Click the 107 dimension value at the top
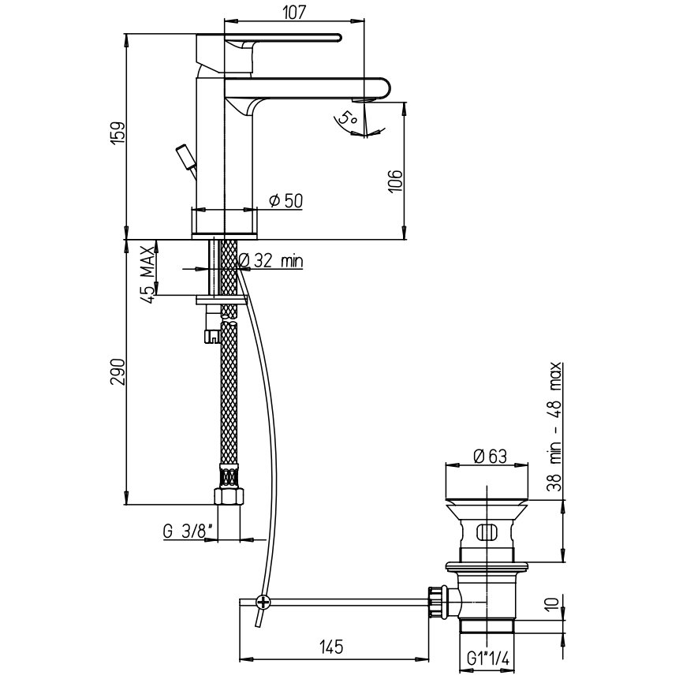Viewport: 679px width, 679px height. [x=294, y=12]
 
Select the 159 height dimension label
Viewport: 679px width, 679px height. [x=118, y=132]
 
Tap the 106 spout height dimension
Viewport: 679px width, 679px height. [x=395, y=181]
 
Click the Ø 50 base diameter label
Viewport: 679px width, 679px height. [x=285, y=201]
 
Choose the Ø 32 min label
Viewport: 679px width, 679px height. [x=270, y=260]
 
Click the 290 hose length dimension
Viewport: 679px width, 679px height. [x=118, y=371]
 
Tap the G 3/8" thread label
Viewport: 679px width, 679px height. [x=188, y=531]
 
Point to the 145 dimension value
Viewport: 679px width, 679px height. [x=331, y=647]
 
